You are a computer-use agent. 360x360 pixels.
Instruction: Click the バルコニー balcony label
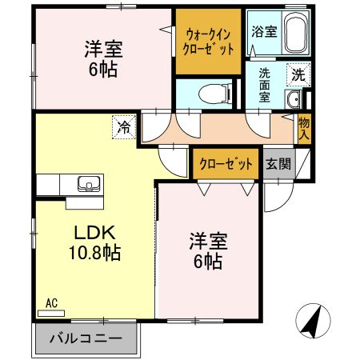coord(86,338)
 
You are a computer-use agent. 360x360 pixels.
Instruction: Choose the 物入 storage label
coord(304,128)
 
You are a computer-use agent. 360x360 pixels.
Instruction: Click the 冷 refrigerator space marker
coord(124,126)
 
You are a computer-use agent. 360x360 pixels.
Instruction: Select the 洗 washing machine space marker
coord(297,77)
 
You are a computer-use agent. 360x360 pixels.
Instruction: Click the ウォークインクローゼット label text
coord(209,41)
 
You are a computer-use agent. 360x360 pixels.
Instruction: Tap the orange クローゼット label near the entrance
coord(226,164)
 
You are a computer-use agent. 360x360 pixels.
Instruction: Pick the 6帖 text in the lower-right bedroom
coord(206,260)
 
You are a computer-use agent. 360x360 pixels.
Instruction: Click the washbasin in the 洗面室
coord(294,100)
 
